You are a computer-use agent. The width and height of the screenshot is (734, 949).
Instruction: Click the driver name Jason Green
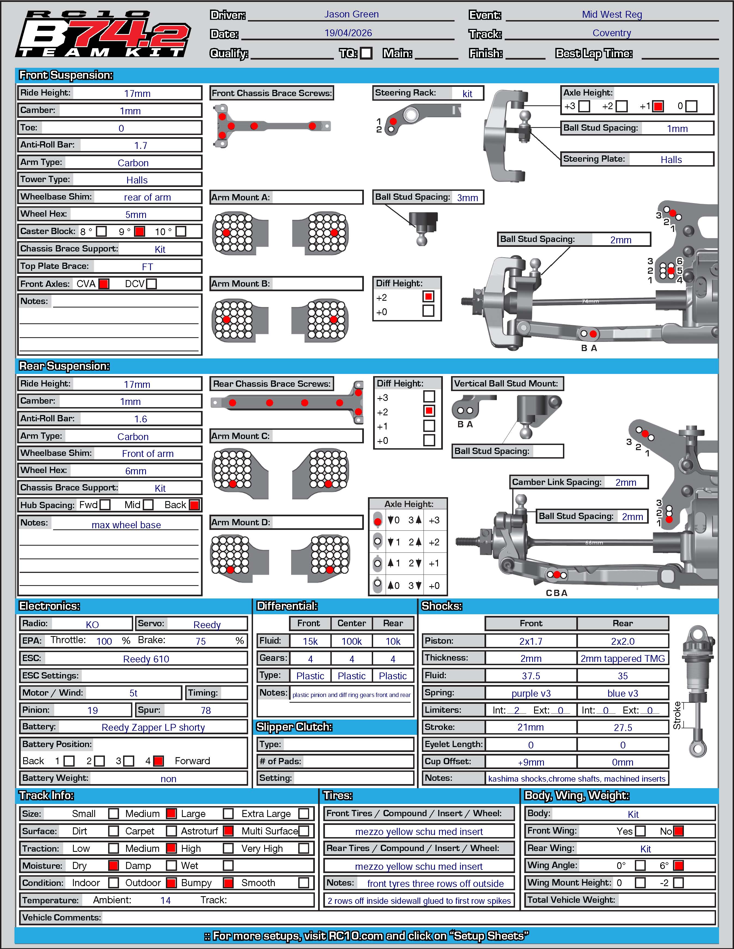coord(351,14)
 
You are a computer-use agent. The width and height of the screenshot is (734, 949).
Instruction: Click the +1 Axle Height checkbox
coord(658,106)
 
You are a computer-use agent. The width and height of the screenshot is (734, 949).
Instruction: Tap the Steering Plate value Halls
coord(671,159)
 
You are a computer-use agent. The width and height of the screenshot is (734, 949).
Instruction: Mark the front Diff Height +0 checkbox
coord(428,311)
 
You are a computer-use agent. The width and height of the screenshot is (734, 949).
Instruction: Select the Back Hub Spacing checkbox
coord(194,505)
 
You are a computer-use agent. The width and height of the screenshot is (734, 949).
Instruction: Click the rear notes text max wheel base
coord(126,525)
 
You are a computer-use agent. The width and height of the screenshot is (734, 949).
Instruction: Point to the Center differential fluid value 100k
coord(351,641)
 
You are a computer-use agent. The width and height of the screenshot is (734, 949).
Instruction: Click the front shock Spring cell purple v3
coord(531,693)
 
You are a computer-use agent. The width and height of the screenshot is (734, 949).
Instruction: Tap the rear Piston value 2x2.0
coord(623,641)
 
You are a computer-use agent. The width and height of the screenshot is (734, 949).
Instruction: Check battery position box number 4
coord(159,761)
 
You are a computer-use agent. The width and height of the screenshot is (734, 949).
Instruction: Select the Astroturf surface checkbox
coord(228,831)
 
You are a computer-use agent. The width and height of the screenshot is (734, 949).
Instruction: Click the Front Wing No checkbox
coord(678,831)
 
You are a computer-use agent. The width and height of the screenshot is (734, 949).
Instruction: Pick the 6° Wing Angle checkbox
coord(678,865)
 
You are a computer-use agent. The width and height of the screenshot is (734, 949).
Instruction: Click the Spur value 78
coord(206,710)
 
